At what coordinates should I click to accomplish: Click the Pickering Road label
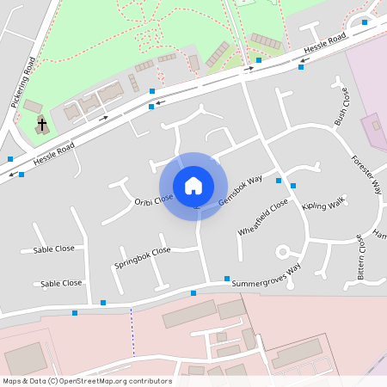21,83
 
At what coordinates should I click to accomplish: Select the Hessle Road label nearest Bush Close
323,45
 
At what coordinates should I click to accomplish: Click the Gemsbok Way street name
240,190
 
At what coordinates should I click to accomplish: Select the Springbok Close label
143,258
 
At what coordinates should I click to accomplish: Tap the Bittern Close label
361,258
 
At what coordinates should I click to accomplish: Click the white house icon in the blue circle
193,185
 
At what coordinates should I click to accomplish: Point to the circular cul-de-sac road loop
282,252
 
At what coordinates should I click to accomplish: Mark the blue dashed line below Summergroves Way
132,332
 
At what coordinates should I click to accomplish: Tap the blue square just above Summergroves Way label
227,279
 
